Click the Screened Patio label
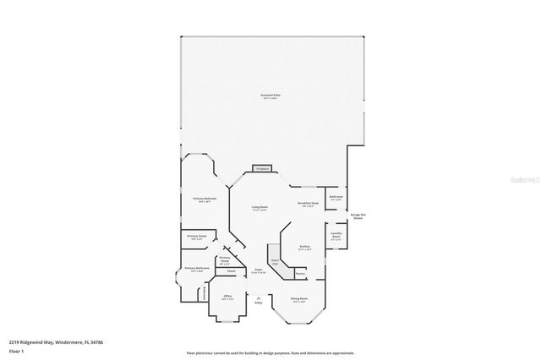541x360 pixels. tap(270, 97)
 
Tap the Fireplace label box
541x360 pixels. tap(262, 169)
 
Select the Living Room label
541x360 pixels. tap(259, 208)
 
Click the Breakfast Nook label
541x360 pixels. tap(308, 205)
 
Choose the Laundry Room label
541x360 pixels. tap(336, 236)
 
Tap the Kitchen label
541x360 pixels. tap(304, 248)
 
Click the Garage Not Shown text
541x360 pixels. tap(358, 216)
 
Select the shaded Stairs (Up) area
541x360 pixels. tap(275, 261)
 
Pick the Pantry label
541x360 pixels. tap(299, 273)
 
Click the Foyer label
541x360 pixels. tap(260, 270)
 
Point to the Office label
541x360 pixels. tap(227, 297)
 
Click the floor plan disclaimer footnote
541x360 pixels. tap(270, 352)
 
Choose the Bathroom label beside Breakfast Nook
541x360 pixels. tap(336, 198)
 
